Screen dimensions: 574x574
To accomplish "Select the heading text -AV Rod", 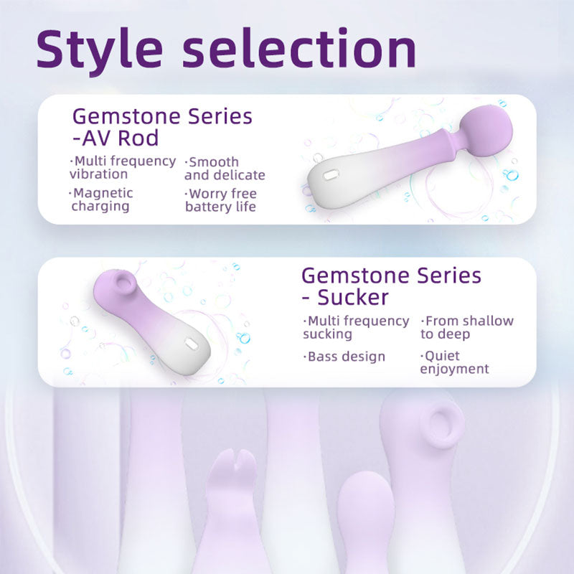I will pos(116,138).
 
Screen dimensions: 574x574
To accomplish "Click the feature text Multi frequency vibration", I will pos(123,167).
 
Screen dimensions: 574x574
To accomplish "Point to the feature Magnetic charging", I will pos(101,199).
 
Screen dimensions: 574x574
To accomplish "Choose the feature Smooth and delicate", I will pos(224,169).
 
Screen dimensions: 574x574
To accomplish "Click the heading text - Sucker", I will pos(345,297).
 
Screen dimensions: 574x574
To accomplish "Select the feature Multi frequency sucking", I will pos(356,327).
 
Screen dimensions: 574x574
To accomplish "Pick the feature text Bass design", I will pos(346,357).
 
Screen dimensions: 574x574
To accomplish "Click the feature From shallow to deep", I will pos(466,327).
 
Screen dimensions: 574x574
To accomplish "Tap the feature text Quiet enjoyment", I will pos(454,362).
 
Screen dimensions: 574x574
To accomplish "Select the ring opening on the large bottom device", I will pos(442,423).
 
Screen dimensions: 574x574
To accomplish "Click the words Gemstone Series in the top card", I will pos(163,116).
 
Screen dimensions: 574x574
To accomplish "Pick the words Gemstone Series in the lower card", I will pos(391,275).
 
